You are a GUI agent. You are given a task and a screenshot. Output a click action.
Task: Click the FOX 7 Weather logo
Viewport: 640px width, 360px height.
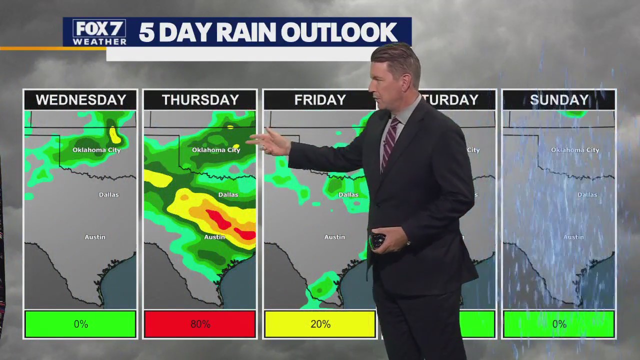point(99,32)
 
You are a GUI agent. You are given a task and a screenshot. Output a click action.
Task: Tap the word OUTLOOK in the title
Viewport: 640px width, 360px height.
point(339,32)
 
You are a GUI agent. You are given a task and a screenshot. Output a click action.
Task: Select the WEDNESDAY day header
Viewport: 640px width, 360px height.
point(80,100)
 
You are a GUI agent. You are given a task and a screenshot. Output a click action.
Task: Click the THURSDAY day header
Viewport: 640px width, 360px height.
point(200,100)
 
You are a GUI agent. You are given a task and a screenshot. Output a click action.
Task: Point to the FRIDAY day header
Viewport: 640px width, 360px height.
point(319,100)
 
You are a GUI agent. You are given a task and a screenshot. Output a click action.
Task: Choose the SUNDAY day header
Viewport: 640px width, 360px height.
point(558,100)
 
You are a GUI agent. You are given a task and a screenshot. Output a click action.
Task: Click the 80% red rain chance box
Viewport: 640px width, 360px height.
point(200,324)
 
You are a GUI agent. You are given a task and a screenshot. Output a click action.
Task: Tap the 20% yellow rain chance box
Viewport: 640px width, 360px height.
point(320,324)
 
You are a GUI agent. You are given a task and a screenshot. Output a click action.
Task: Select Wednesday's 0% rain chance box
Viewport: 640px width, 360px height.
point(80,324)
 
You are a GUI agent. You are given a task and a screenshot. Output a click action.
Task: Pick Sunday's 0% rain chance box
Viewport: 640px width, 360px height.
point(558,324)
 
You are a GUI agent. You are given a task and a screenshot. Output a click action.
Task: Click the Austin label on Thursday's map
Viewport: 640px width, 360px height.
point(214,237)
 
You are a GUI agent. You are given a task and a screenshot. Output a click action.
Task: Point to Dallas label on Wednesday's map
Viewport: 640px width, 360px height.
point(108,194)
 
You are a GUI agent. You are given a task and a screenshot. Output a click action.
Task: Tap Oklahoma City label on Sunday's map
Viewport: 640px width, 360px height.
point(575,150)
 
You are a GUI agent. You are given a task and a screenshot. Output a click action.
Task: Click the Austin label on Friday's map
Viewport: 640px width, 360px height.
point(334,237)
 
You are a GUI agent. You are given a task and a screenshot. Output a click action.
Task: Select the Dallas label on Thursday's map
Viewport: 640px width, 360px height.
point(228,194)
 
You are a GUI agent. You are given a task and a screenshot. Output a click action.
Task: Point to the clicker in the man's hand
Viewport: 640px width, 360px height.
point(377,240)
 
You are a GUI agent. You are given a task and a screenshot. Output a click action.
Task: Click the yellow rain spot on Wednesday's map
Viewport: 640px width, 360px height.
point(114,134)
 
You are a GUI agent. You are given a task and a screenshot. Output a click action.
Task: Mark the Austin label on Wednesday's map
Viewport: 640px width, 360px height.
point(95,237)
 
